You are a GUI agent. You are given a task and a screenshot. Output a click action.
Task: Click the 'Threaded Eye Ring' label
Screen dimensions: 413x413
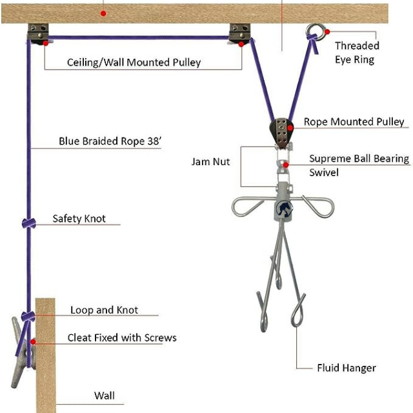[x=357, y=52]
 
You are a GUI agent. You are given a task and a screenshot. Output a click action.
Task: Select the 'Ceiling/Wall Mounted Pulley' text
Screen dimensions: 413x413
[x=134, y=63]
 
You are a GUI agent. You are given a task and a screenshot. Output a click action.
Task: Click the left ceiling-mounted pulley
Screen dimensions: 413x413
[x=39, y=33]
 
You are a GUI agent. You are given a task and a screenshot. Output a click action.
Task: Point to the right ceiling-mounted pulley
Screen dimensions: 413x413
[x=240, y=33]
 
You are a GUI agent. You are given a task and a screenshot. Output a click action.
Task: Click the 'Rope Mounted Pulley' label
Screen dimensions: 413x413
[x=354, y=121]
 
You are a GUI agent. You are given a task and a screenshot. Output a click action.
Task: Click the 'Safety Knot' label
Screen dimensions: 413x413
[x=79, y=219]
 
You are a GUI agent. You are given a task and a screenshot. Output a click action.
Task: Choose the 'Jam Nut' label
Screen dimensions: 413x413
[x=210, y=161]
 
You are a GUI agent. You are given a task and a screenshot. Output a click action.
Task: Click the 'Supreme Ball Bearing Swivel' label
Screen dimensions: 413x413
[x=359, y=165]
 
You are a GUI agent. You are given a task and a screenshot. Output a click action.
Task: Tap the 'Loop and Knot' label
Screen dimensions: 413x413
[x=104, y=310]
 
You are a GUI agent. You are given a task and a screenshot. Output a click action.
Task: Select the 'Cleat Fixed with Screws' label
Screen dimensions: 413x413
[x=122, y=337]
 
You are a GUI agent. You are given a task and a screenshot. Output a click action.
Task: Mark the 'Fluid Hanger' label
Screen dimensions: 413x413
[x=346, y=368]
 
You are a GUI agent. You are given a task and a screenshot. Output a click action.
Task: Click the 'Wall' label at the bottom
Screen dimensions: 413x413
[x=104, y=396]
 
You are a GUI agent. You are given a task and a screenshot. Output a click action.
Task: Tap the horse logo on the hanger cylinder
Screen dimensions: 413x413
[x=285, y=207]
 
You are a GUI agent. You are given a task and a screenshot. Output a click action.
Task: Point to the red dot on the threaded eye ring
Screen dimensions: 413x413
[x=327, y=29]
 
